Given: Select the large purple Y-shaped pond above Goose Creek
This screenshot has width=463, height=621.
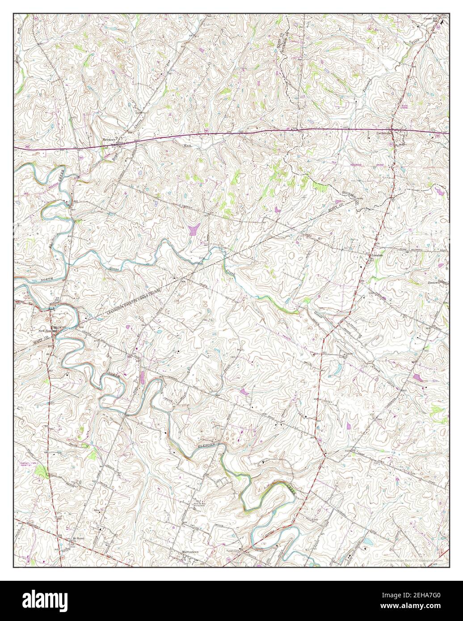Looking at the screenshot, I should click(x=194, y=230).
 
